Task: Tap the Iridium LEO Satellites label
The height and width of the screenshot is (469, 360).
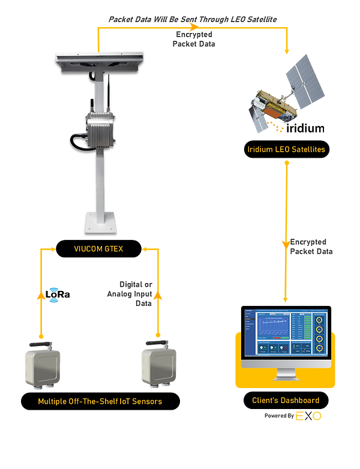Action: point(287,149)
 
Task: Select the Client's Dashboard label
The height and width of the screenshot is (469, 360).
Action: point(286,400)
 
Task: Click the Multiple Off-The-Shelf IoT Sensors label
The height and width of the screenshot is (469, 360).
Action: point(100,401)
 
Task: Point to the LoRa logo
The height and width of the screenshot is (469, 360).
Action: point(58,295)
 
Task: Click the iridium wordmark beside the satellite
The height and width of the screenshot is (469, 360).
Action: point(303,128)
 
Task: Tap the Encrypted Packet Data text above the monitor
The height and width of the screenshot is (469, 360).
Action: point(311,246)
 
